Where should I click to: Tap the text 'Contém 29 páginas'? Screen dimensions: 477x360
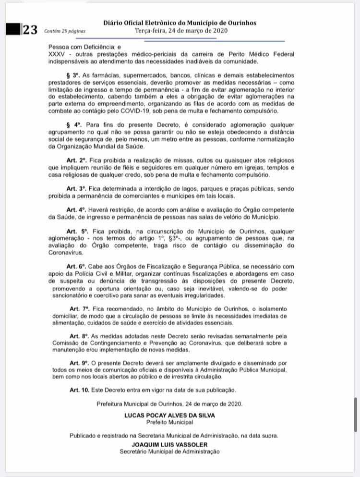[x=64, y=31]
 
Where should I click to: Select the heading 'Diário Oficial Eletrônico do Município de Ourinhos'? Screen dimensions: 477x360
[x=180, y=23]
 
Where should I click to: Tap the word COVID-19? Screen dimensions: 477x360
[x=130, y=111]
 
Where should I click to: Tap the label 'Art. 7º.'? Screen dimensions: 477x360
[x=80, y=308]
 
